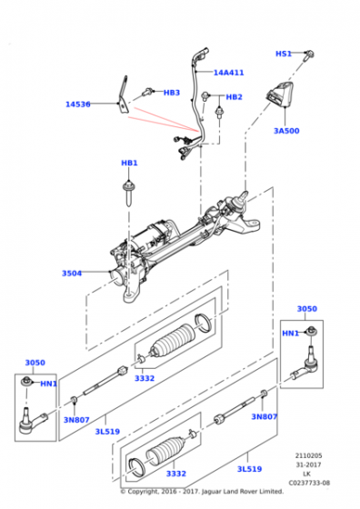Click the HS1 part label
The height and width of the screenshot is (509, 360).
284,54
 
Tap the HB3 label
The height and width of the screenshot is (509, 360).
172,93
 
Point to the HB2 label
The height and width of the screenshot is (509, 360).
234,96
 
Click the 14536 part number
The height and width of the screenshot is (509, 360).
77,105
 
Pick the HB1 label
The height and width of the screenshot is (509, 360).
129,164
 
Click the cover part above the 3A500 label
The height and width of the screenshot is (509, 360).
280,98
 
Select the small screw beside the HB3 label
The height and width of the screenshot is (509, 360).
147,92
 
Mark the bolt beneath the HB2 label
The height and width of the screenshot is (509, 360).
220,113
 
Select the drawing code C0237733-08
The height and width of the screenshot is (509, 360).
311,483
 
